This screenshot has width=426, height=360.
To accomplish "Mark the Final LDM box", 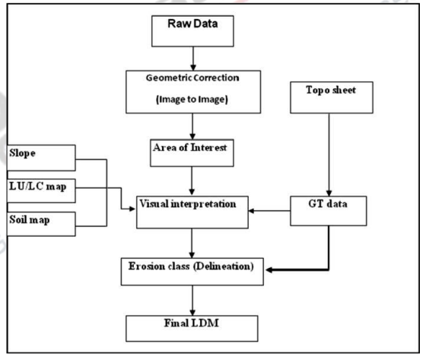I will coord(196,328).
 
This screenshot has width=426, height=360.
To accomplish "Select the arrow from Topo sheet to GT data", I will coord(328,161).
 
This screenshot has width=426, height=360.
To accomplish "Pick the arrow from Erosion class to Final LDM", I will coord(196,299).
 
